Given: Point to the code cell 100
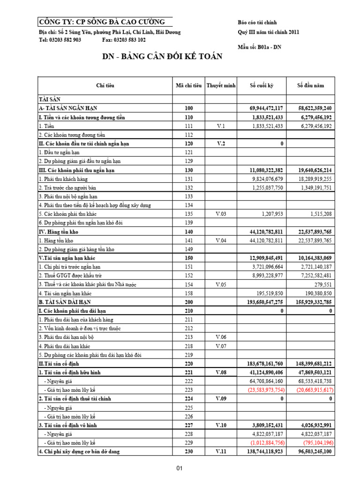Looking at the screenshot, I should pyautogui.click(x=189, y=108).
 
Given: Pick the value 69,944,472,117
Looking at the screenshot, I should pyautogui.click(x=266, y=108).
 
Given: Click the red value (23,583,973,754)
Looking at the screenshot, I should pyautogui.click(x=266, y=390).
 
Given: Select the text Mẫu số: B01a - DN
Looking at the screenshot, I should pyautogui.click(x=259, y=46).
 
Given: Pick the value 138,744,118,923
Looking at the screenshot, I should pyautogui.click(x=266, y=451).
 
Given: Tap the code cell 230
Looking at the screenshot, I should pyautogui.click(x=189, y=451).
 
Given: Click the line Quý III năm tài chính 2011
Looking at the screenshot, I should pyautogui.click(x=268, y=32).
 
